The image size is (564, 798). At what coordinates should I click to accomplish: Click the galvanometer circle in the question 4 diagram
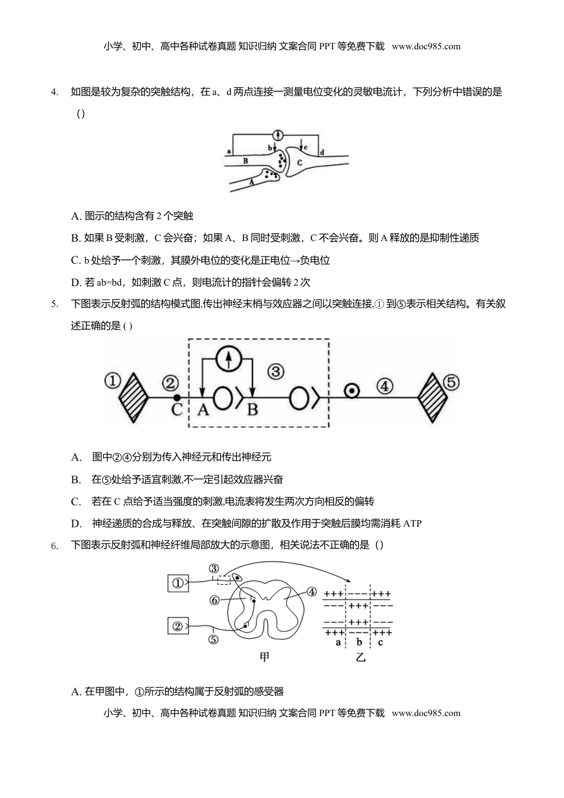(x=277, y=134)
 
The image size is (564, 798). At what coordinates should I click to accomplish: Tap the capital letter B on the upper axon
(x=246, y=160)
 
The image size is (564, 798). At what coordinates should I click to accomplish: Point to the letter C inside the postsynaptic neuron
(x=299, y=162)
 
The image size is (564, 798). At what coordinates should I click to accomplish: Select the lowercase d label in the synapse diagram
(x=322, y=153)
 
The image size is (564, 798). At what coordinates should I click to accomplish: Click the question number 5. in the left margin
(x=54, y=305)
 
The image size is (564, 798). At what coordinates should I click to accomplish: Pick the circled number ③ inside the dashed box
(x=275, y=372)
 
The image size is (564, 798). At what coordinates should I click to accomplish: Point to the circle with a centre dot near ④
(x=352, y=391)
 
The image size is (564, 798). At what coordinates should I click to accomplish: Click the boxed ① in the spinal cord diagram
(x=178, y=583)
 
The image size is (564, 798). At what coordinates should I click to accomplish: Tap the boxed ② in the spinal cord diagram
(x=178, y=625)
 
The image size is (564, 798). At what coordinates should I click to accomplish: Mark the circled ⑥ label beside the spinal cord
(x=215, y=600)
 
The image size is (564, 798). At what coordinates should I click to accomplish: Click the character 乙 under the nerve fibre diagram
(x=360, y=658)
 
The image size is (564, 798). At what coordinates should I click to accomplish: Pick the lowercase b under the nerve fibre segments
(x=359, y=642)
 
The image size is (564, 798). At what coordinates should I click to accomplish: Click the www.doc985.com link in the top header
(x=426, y=46)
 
